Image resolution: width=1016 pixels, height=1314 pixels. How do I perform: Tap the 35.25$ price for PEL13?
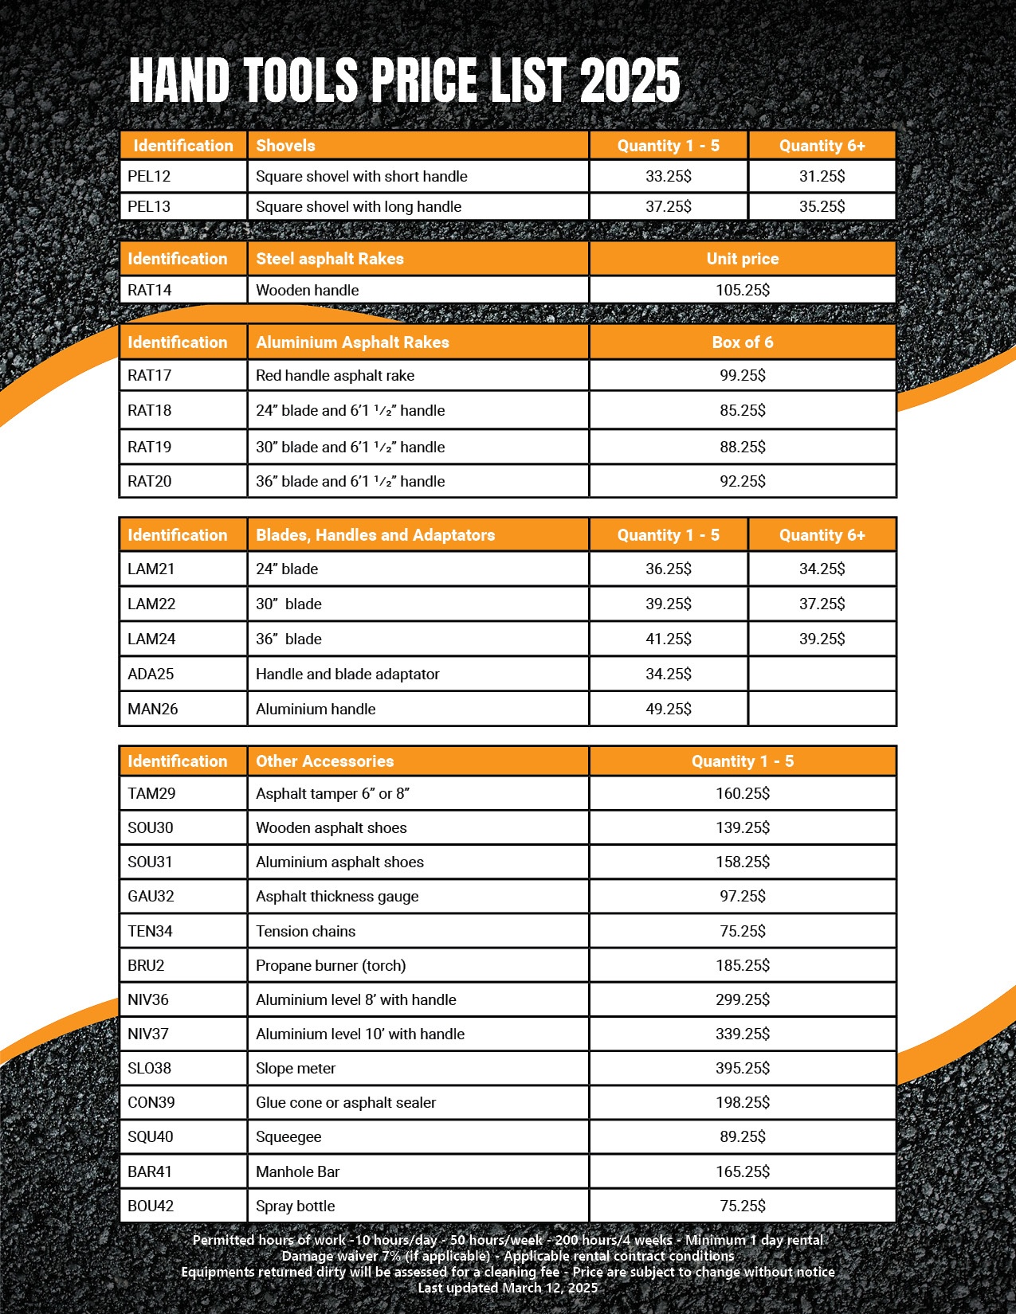coord(822,206)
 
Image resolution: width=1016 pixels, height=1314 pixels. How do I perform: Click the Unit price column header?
coord(742,259)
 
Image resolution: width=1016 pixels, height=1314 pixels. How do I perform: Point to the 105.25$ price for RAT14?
coord(742,290)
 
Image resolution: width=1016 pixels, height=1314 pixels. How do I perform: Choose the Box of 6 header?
coord(742,342)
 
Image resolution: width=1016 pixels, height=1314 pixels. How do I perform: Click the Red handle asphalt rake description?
coord(335,375)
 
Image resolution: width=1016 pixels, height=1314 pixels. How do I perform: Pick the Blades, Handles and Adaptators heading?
coord(375,535)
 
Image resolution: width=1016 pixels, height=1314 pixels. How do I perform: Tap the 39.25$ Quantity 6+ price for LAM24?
coord(822,639)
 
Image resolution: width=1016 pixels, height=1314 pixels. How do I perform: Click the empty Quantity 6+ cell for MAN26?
coord(822,709)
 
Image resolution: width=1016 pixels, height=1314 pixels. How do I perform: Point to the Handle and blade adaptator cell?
coord(347,674)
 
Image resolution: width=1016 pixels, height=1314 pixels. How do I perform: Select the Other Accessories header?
coord(324,761)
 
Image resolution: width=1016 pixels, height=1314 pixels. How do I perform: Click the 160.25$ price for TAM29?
coord(742,793)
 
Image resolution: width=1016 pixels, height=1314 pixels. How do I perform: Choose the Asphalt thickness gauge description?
coord(337,896)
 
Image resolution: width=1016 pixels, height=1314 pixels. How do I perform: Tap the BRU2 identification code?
coord(146,965)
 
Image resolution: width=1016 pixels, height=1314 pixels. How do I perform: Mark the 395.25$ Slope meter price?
coord(742,1068)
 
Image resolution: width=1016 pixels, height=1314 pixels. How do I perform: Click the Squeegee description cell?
coord(288,1136)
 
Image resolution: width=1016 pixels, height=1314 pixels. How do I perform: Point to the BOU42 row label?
coord(151,1206)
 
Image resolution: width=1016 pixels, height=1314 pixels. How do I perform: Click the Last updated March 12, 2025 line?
coord(508,1288)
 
